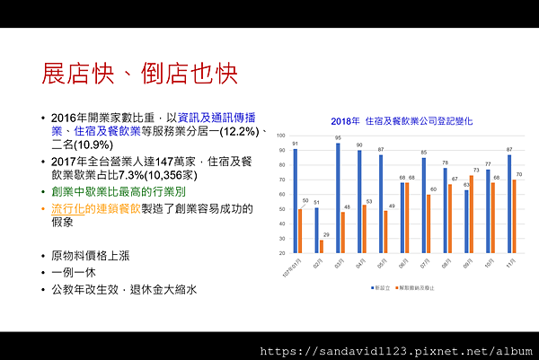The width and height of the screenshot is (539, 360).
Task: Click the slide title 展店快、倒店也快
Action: click(140, 74)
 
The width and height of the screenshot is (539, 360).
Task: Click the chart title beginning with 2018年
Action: click(401, 120)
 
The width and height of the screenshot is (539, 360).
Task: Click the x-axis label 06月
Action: click(403, 266)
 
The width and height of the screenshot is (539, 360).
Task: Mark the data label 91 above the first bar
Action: click(295, 144)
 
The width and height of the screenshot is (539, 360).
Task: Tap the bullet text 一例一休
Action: click(73, 271)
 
